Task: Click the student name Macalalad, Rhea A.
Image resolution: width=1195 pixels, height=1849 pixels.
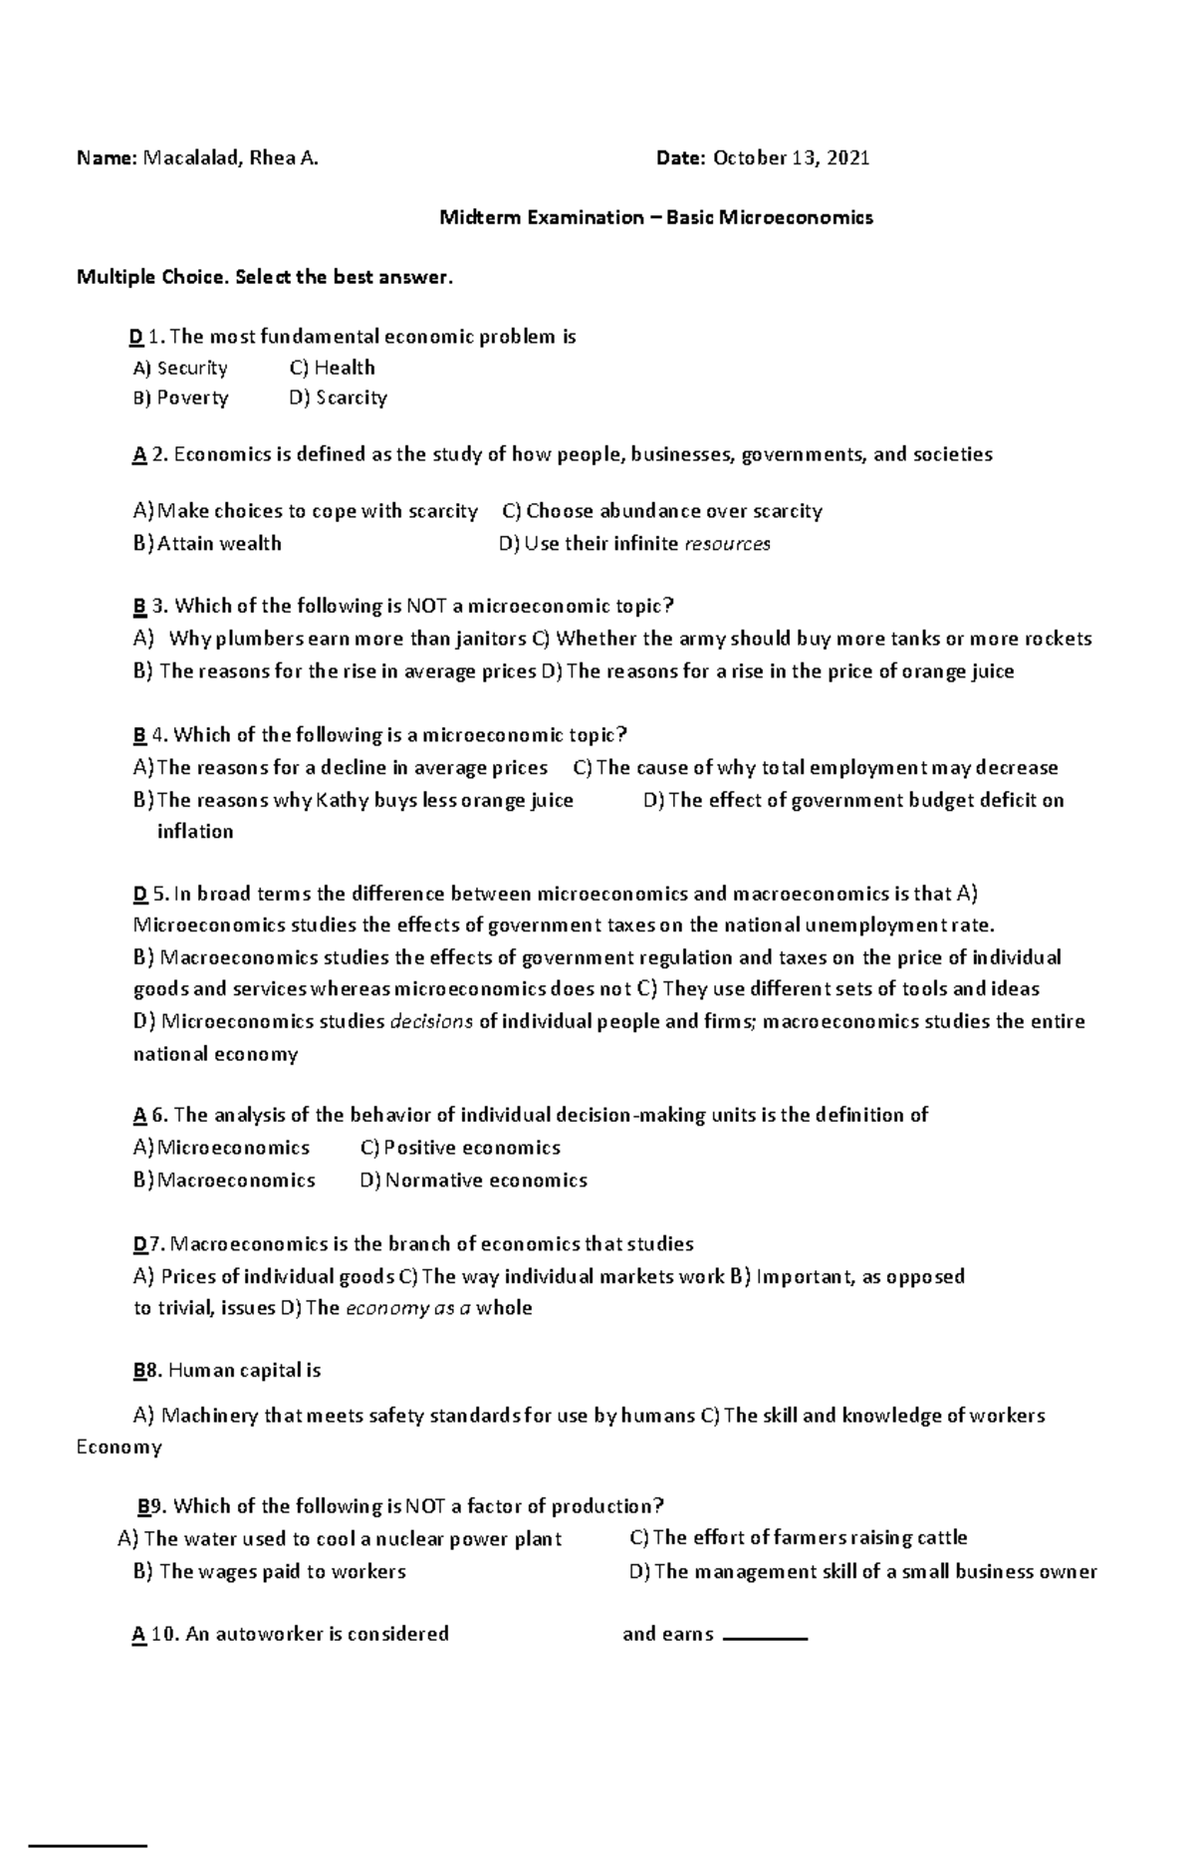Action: [231, 157]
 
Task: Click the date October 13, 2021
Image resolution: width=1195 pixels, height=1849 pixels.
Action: [791, 157]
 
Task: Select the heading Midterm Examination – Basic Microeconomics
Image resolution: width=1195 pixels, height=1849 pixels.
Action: [656, 217]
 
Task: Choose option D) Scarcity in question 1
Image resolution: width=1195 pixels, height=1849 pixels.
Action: [338, 397]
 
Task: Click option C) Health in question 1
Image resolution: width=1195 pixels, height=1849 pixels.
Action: [332, 368]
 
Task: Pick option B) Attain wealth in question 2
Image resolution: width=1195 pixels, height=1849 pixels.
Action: [207, 544]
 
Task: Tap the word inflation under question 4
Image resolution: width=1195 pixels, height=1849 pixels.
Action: [195, 832]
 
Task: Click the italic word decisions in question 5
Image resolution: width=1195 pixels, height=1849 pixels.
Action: [431, 1021]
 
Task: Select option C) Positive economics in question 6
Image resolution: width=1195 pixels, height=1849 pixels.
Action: [460, 1148]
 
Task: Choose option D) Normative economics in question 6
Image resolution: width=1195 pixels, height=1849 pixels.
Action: [473, 1181]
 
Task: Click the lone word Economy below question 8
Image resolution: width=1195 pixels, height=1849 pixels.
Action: [119, 1448]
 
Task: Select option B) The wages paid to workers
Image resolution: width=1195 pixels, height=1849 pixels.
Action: [269, 1572]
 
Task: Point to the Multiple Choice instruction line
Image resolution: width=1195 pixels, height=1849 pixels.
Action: [264, 277]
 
